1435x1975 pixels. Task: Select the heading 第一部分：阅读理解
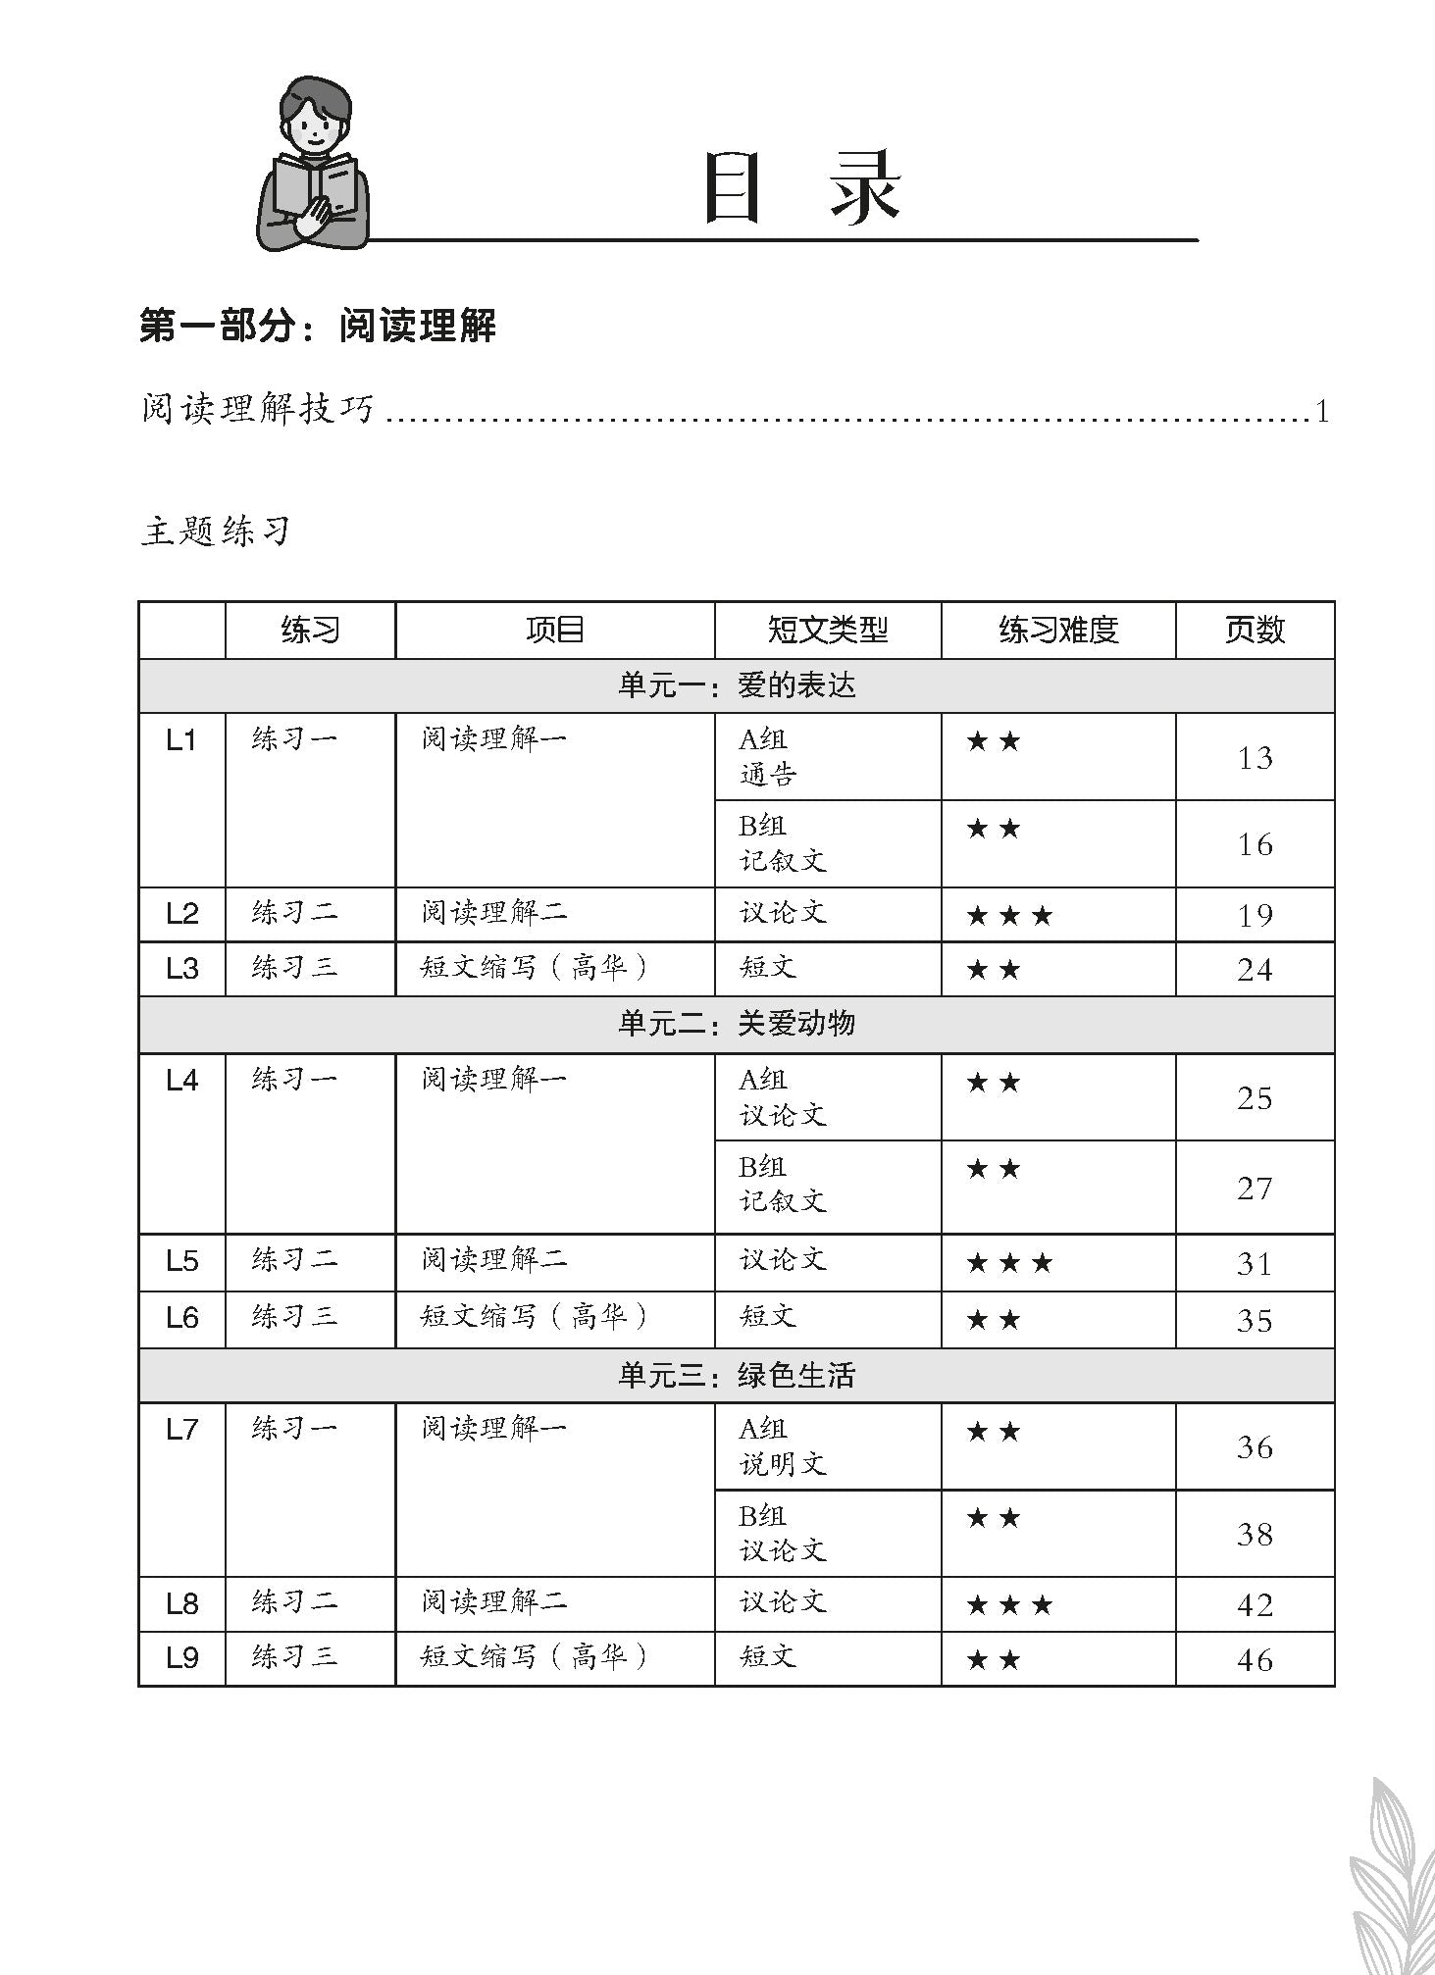click(x=318, y=327)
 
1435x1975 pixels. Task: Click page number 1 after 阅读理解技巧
click(x=1322, y=411)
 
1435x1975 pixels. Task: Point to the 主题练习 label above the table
click(x=216, y=532)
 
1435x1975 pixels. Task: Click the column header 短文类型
click(x=827, y=630)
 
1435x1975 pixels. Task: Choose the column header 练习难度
click(x=1058, y=630)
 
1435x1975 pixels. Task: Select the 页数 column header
click(x=1255, y=630)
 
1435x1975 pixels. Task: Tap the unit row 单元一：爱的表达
click(x=736, y=684)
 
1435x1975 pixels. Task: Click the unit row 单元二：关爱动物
click(x=736, y=1024)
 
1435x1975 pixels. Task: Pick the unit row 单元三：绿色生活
click(x=736, y=1375)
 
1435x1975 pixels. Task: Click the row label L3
click(x=182, y=969)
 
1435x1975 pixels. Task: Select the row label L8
click(x=182, y=1604)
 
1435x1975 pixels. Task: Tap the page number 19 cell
click(x=1255, y=915)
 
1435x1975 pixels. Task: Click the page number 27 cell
click(x=1255, y=1188)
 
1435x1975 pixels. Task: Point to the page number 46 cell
click(x=1255, y=1659)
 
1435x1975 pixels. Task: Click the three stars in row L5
click(x=1009, y=1263)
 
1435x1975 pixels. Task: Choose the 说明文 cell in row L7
click(x=783, y=1464)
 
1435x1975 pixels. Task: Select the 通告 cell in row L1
click(x=767, y=775)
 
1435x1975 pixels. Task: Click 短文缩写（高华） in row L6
click(x=535, y=1316)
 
